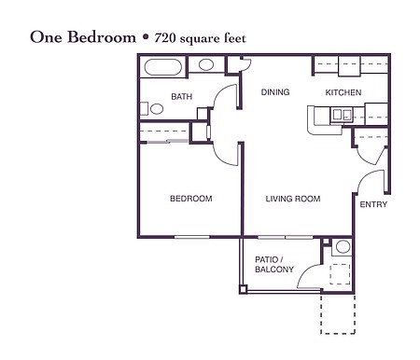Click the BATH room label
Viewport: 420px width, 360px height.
coord(182,96)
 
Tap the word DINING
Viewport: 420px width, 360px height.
coord(275,92)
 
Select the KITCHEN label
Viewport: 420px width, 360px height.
coord(343,92)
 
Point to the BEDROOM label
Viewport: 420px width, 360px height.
coord(191,199)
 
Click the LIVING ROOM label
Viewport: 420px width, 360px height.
coord(293,199)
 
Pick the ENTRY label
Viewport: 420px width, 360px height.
coord(373,204)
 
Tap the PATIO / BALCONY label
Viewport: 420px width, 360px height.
coord(274,264)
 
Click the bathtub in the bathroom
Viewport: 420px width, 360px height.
coord(162,67)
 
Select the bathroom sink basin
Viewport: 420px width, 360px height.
coord(206,64)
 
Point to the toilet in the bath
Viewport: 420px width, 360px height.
coord(152,109)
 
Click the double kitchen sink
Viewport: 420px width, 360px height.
coord(342,115)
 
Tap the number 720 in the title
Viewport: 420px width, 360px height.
coord(164,38)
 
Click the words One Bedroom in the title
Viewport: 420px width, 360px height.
coord(83,37)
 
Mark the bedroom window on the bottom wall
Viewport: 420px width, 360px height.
coord(191,237)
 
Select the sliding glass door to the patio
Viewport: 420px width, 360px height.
coord(286,237)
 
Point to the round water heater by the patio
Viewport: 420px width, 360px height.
coord(343,247)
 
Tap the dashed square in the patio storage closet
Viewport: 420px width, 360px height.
coord(340,274)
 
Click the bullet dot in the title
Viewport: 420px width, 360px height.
coord(146,37)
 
